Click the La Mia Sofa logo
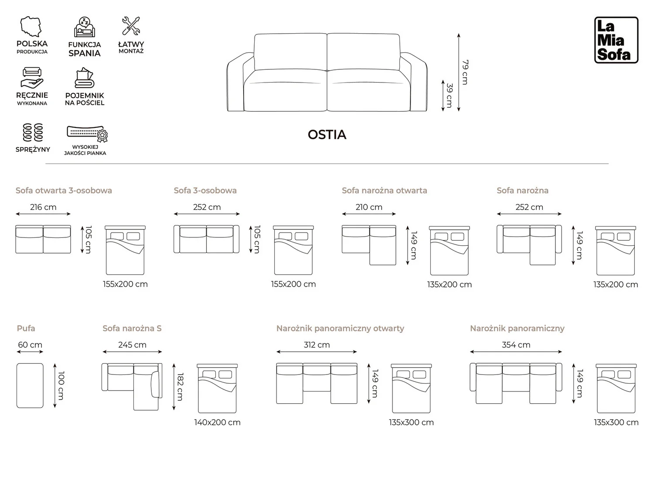tap(616, 40)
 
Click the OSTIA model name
tap(327, 135)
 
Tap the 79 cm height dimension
tap(465, 72)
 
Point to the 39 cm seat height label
tap(450, 96)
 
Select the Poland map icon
tap(31, 27)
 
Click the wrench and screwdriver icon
tap(131, 26)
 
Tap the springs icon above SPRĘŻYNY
tap(33, 132)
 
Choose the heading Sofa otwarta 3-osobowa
tap(64, 190)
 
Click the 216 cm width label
tap(43, 207)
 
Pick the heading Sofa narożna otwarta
tap(385, 190)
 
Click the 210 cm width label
tap(369, 207)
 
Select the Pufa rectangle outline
tap(17, 385)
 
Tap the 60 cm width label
tap(30, 345)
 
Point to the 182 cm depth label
tap(180, 387)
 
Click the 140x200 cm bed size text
tap(217, 422)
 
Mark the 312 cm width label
tap(317, 345)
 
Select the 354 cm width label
tap(516, 345)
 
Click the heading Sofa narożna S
tap(132, 329)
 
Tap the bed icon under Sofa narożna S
tap(217, 388)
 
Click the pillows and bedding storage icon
tap(84, 78)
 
